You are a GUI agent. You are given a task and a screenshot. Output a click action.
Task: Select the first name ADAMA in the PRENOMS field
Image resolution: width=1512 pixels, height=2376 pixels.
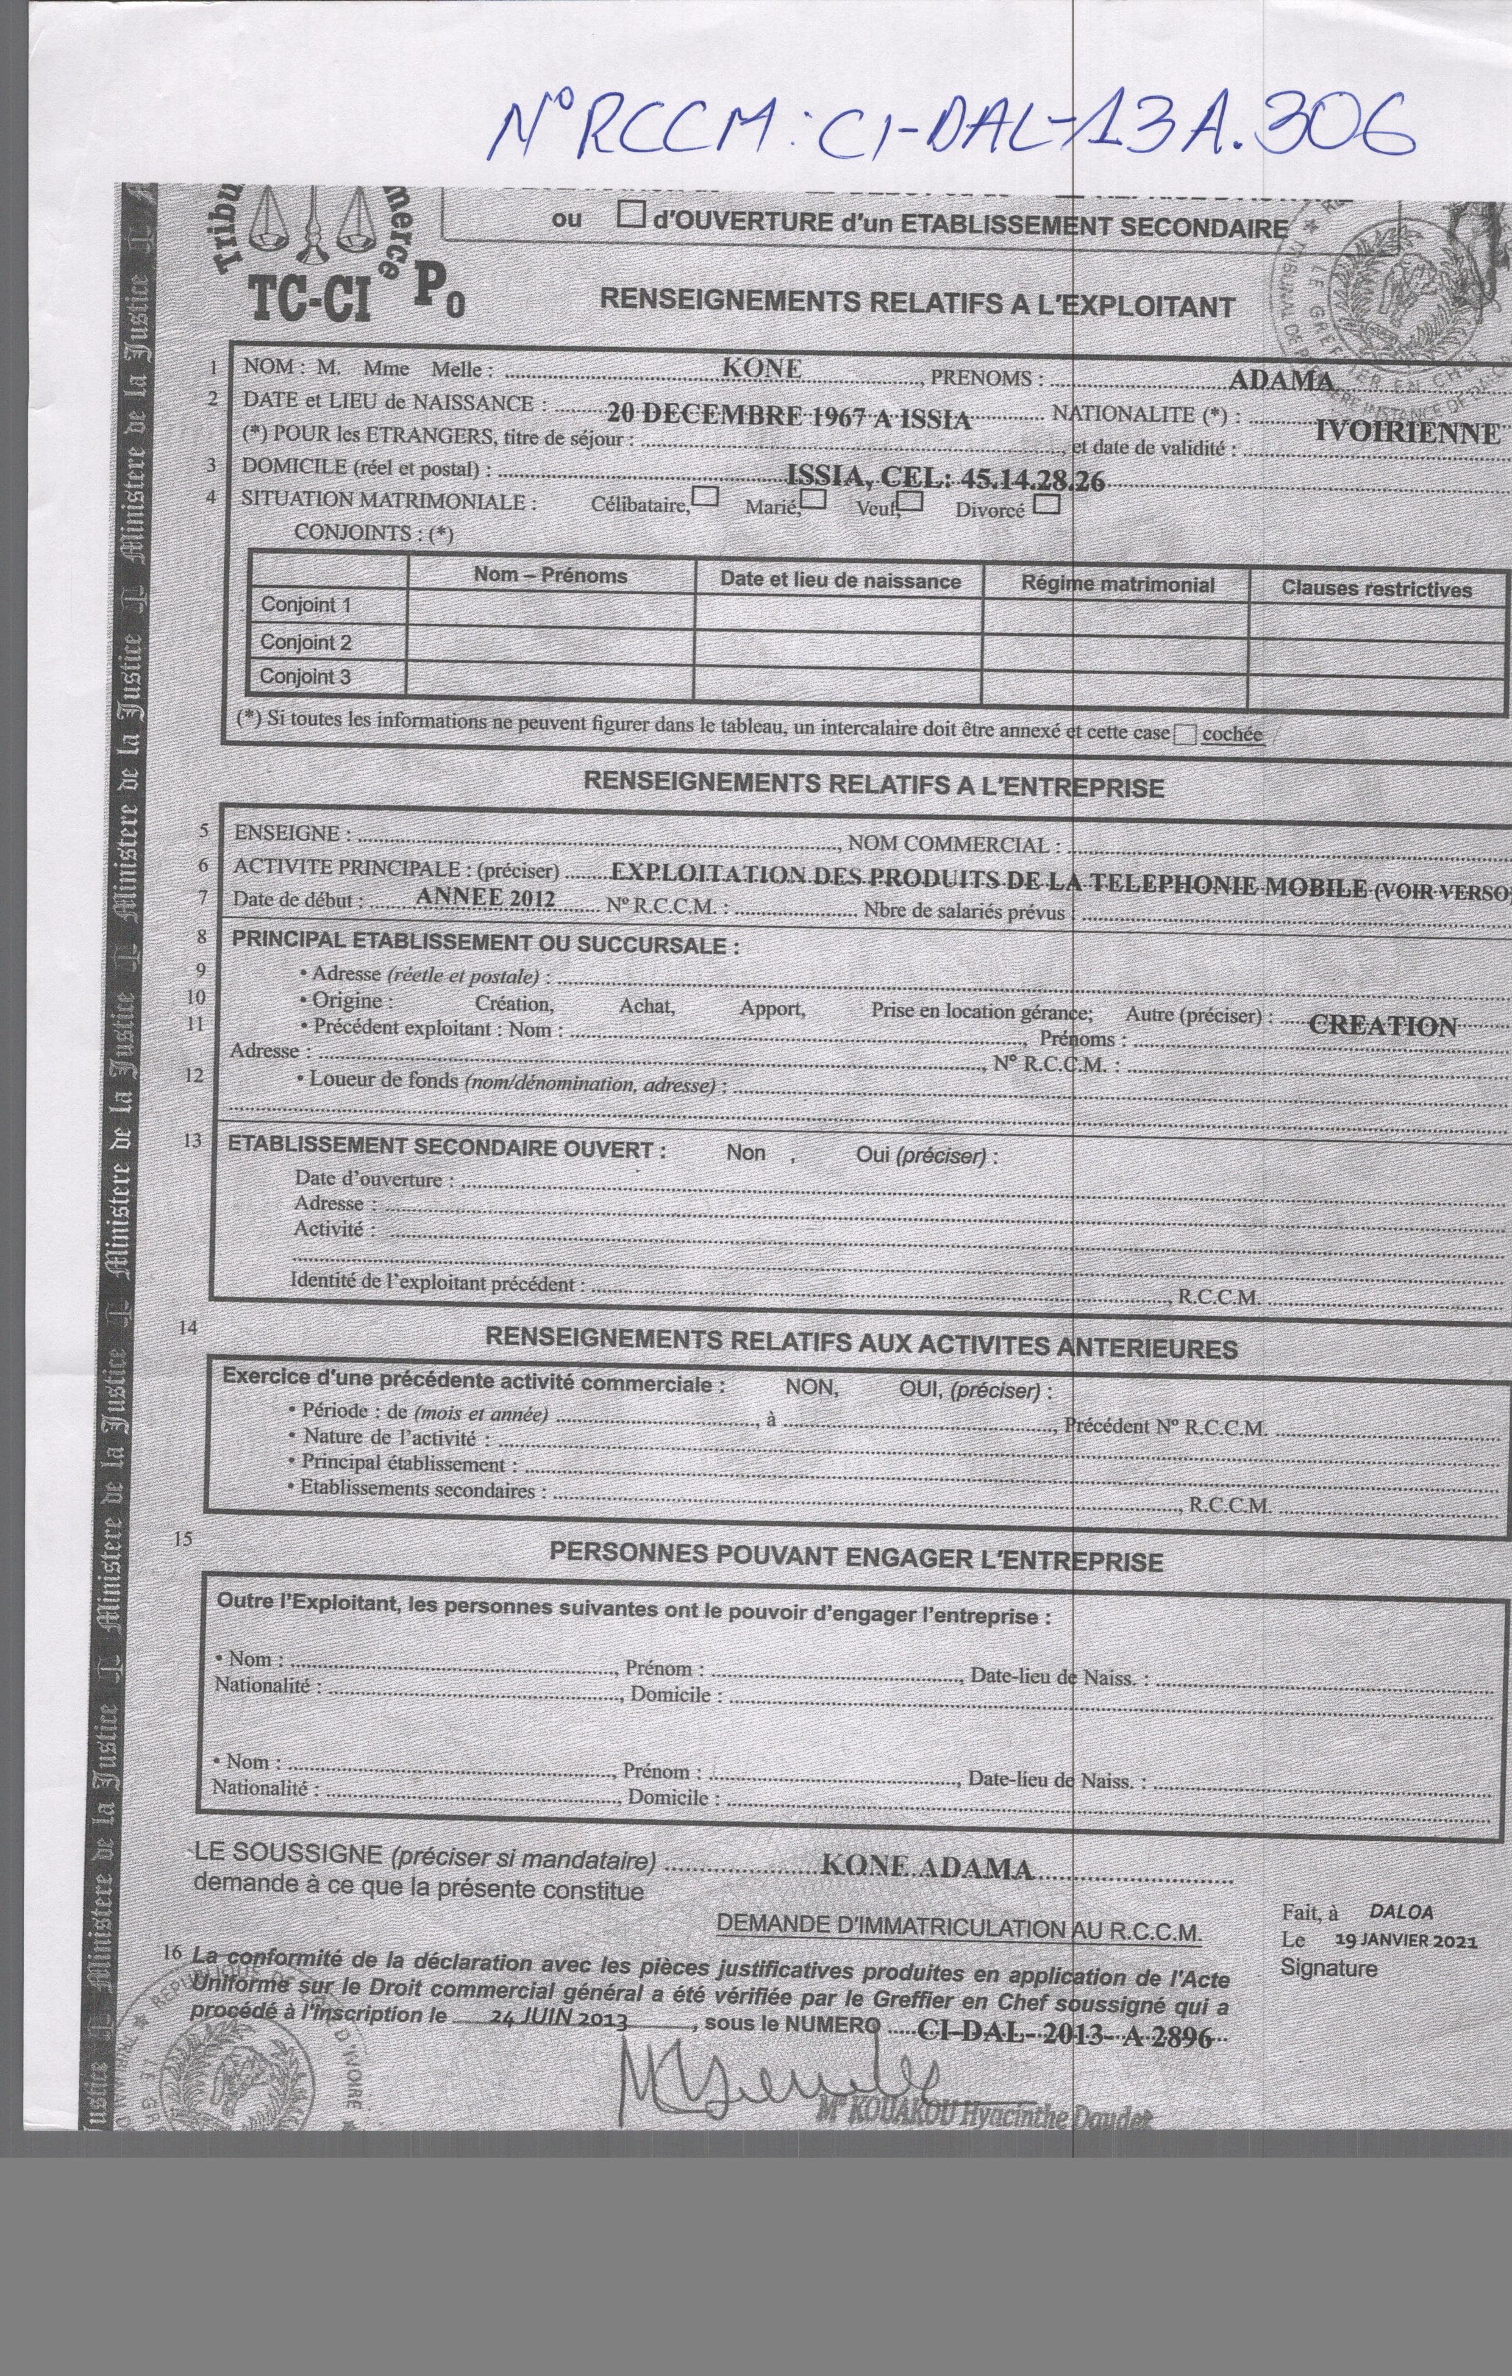(x=1281, y=380)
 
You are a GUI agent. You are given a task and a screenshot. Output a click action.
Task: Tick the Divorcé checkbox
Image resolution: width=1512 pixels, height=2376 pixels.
(x=1047, y=505)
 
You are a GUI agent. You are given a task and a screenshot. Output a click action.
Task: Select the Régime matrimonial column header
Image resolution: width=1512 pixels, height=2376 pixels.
(x=1117, y=584)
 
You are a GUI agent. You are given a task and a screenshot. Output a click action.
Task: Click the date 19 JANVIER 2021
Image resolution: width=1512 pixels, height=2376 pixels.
(x=1405, y=1940)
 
